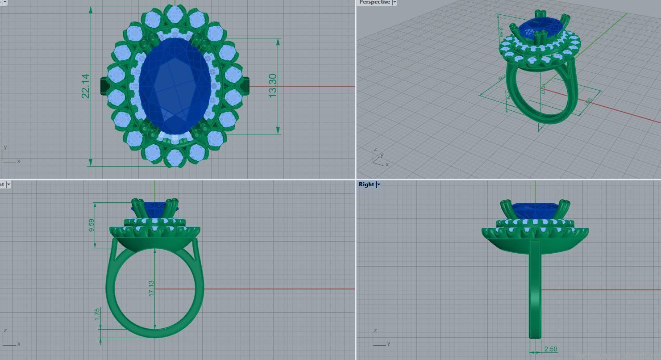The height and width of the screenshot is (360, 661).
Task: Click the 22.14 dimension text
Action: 85,86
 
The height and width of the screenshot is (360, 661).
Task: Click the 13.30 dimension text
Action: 273,85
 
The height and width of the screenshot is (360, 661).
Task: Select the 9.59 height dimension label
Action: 91,225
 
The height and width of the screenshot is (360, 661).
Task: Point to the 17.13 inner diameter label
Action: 151,289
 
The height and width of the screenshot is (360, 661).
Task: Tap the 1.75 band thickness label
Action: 97,314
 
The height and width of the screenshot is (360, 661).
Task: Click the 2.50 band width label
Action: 550,349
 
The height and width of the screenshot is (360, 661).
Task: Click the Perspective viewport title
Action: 374,2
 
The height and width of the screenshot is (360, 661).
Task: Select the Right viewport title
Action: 366,184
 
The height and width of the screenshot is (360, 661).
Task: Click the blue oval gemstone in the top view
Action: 174,85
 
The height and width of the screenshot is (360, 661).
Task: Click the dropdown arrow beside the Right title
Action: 378,184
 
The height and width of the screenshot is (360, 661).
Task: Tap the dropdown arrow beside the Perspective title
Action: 395,2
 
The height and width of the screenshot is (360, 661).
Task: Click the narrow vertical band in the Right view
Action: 535,290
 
